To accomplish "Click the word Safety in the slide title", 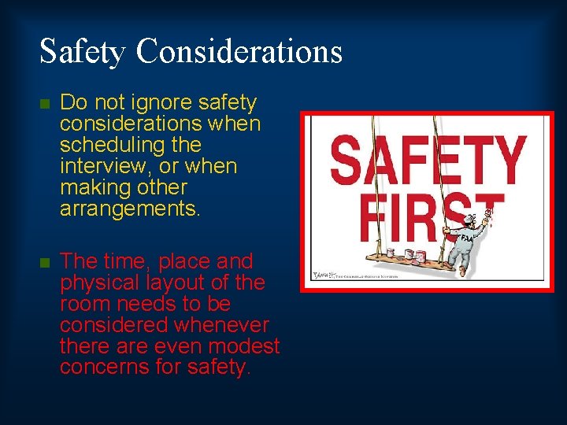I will point(83,51).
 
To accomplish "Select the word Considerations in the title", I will point(239,51).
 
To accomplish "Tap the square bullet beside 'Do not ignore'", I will point(45,104).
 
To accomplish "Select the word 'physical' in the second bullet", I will point(92,283).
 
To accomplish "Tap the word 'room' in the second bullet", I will point(83,304).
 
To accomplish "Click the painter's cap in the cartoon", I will point(470,220).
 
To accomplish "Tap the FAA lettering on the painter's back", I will point(468,237).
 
